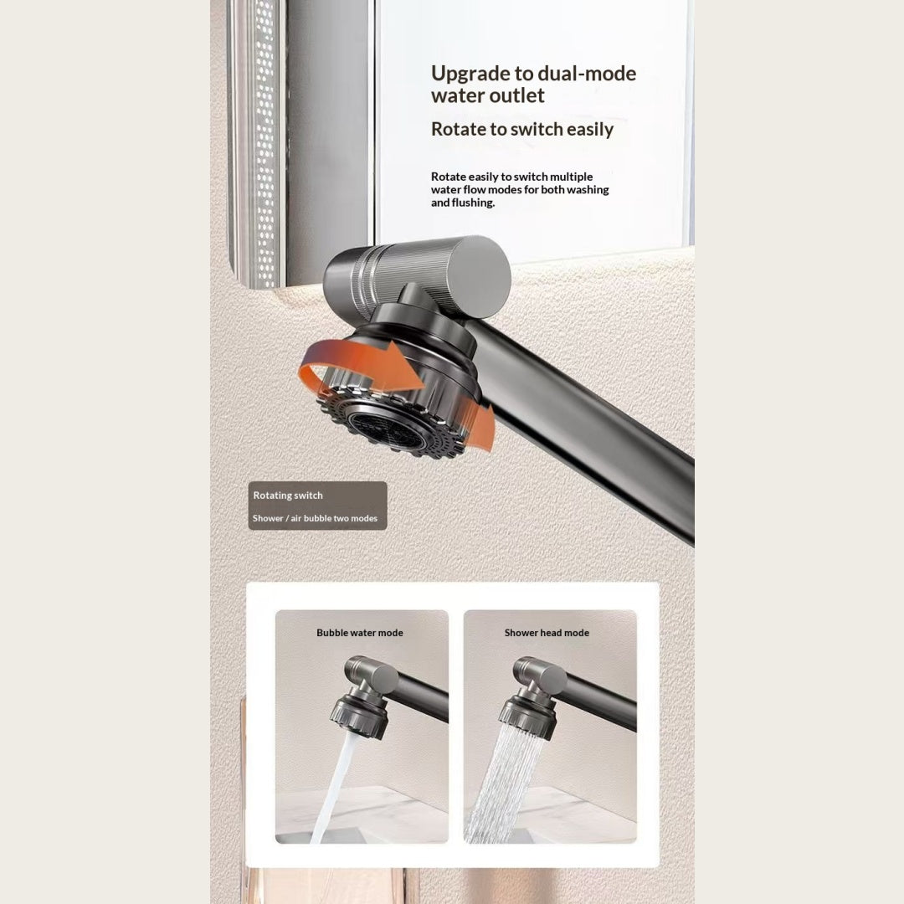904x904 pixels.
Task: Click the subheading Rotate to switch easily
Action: pos(522,129)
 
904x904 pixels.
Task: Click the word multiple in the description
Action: pos(571,177)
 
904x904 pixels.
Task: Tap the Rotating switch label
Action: pos(288,496)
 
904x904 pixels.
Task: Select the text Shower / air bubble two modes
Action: pos(315,518)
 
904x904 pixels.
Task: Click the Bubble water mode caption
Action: pos(360,633)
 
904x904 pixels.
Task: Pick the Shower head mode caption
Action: pos(547,633)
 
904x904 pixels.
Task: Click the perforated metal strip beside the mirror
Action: pos(263,144)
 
